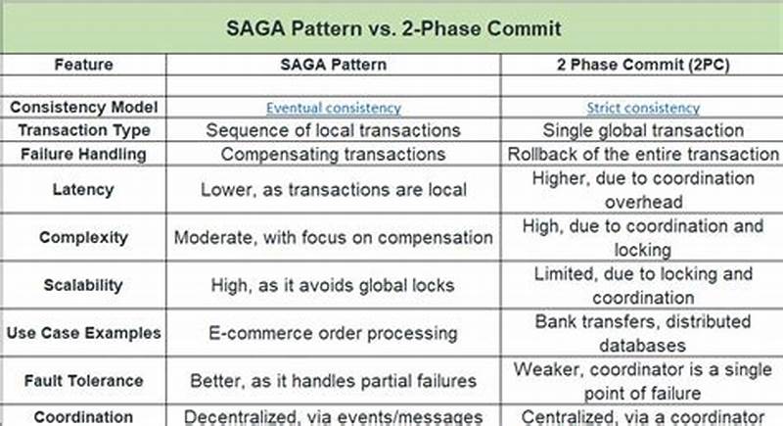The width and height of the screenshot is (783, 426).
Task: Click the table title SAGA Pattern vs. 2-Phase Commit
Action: tap(391, 26)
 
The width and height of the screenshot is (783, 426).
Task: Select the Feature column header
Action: tap(83, 64)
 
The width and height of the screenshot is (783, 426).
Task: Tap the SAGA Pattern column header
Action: tap(334, 64)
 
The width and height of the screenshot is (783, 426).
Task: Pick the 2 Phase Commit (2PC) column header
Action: tap(642, 64)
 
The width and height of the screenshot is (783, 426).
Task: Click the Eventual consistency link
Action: tap(334, 108)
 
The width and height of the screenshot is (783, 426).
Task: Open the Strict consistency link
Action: tap(642, 108)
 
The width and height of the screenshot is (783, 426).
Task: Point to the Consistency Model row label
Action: tap(83, 107)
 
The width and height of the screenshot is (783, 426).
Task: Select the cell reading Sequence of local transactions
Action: tap(334, 130)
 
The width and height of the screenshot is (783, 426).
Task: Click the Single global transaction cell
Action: tap(642, 130)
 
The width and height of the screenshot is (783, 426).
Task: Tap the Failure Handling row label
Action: tap(83, 154)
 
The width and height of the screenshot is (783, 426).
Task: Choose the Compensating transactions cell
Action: tap(334, 154)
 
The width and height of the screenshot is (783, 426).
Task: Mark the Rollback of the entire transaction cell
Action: tap(642, 154)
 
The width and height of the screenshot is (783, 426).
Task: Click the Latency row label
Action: tap(83, 190)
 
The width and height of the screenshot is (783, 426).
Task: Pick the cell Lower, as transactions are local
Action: tap(334, 190)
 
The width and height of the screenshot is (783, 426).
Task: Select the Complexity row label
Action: tap(83, 237)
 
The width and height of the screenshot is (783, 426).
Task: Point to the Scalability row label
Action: tap(83, 285)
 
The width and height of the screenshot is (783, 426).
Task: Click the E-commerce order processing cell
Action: tap(334, 333)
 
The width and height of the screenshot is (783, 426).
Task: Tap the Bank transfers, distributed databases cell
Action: tap(642, 333)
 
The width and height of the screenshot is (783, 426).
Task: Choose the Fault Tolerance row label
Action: tap(83, 380)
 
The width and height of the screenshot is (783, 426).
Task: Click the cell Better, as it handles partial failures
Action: tap(334, 380)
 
